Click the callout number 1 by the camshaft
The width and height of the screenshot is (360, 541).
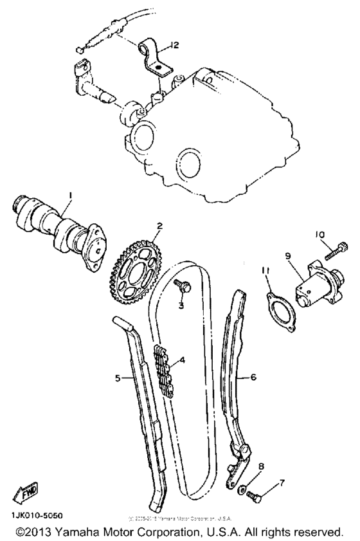(71, 195)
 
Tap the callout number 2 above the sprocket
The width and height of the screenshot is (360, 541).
(159, 226)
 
